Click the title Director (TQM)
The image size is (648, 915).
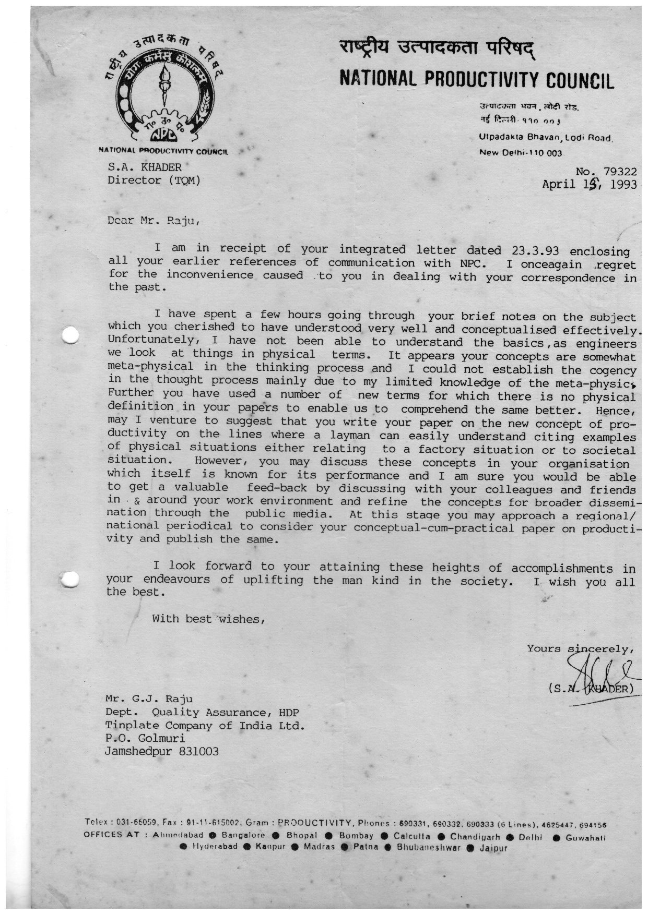(x=154, y=180)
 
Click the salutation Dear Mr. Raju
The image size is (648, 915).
(x=153, y=220)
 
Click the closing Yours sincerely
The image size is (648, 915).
(x=580, y=649)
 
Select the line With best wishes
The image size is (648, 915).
(x=209, y=619)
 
